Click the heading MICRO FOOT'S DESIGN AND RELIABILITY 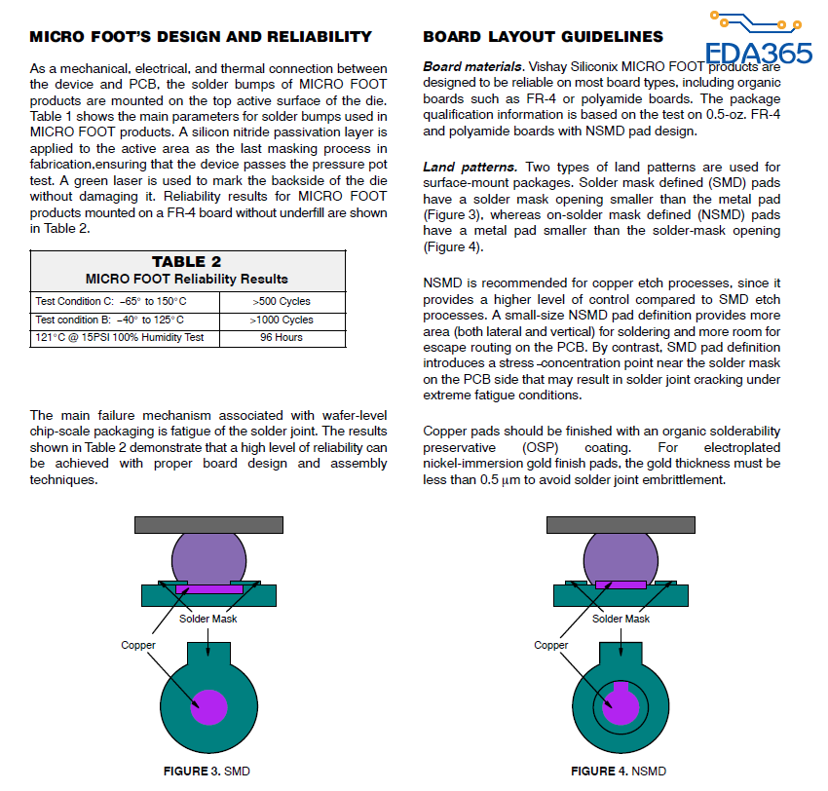[201, 37]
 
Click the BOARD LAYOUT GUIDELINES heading [543, 37]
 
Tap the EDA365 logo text [759, 53]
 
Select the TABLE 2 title [187, 262]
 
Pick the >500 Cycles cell [282, 301]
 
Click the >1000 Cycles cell [282, 320]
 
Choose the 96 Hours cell [282, 338]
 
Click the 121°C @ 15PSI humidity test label [120, 338]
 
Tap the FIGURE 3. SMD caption [207, 772]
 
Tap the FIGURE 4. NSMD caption [619, 772]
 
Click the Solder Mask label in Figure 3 [208, 619]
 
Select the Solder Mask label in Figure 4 [621, 619]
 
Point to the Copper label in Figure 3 [138, 645]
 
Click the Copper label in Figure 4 [551, 645]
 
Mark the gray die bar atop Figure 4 [620, 525]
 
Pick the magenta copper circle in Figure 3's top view [208, 706]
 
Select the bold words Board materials [473, 67]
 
